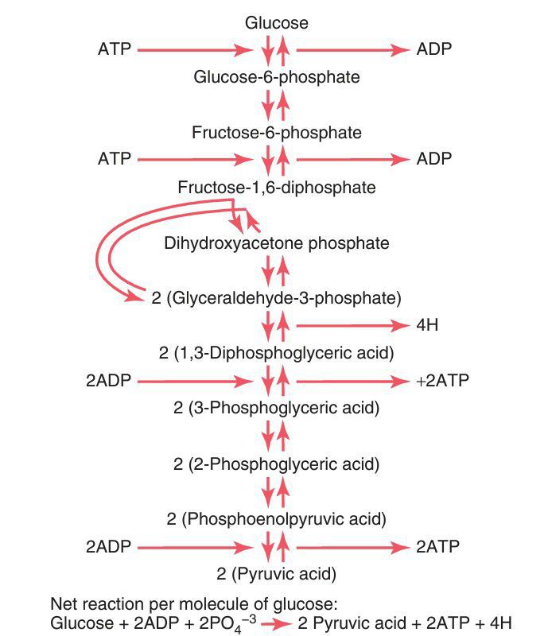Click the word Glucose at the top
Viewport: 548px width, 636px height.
(276, 24)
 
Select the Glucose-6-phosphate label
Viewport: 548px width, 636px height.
(276, 77)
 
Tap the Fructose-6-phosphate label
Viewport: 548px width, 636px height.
(276, 132)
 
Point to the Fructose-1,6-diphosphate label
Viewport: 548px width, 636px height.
(276, 188)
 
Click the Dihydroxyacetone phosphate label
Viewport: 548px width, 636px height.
(276, 243)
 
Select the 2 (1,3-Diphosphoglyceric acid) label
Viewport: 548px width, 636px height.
(276, 352)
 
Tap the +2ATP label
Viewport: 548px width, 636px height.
(442, 381)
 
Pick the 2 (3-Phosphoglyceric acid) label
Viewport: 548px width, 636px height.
(276, 409)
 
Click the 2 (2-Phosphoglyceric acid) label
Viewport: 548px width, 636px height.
(276, 463)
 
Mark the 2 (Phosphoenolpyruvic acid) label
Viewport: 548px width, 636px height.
(276, 519)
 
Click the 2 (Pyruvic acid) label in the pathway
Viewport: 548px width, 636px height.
(276, 573)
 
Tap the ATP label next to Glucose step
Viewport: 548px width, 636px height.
(114, 49)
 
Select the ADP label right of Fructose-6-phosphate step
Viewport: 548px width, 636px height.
(434, 159)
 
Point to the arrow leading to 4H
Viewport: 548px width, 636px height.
(350, 325)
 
